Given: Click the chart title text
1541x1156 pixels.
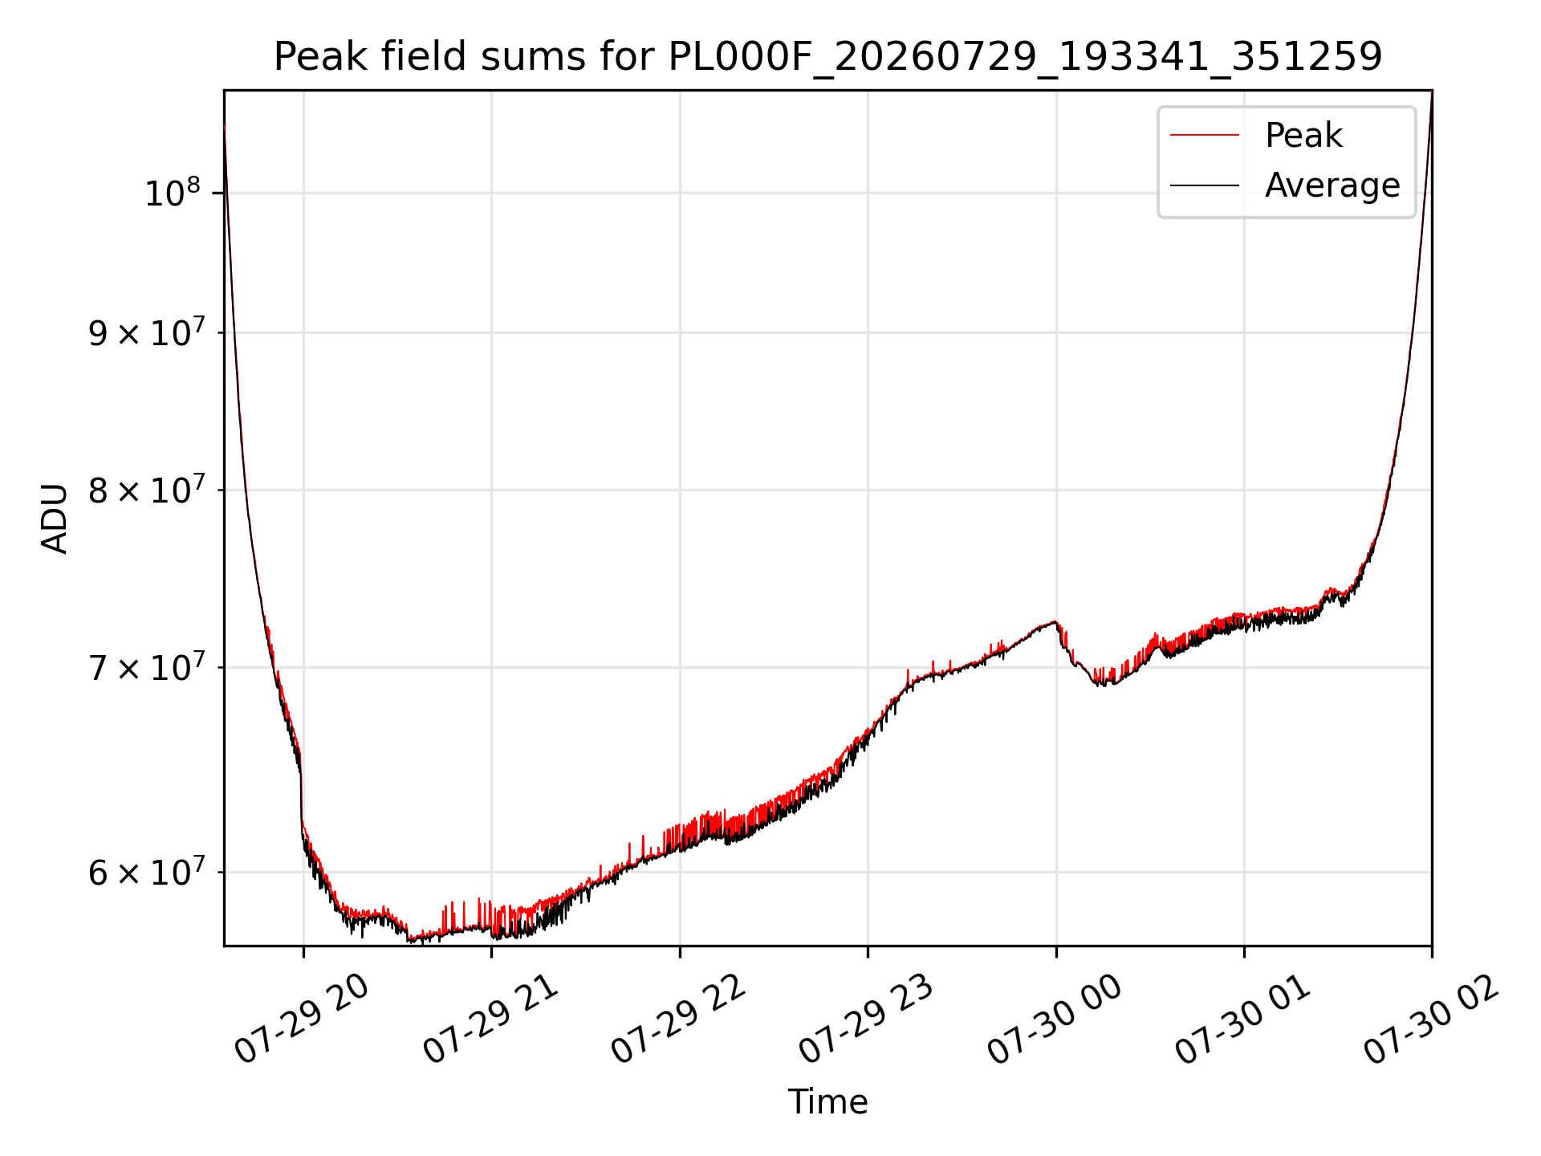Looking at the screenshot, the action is click(x=827, y=57).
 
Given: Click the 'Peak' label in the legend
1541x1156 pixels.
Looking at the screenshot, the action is click(x=1303, y=135).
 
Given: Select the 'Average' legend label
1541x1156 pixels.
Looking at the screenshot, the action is click(x=1332, y=185).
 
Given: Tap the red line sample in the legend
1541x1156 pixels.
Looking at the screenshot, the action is click(x=1204, y=135).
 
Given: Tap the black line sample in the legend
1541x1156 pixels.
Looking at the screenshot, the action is click(x=1204, y=185).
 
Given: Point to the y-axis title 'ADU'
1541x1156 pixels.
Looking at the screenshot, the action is click(x=55, y=518).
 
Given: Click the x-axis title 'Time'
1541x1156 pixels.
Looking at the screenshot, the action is click(x=827, y=1101).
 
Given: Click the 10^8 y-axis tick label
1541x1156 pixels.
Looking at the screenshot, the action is click(x=172, y=193).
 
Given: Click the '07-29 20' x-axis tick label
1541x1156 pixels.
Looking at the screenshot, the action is click(x=302, y=1019).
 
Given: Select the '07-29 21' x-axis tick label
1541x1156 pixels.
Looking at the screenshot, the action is click(x=490, y=1019).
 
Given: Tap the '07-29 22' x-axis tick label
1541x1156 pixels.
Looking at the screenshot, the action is click(x=679, y=1019).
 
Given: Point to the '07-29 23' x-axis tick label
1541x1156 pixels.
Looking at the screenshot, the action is click(x=867, y=1019).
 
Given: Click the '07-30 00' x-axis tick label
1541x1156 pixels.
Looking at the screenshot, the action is click(x=1055, y=1019).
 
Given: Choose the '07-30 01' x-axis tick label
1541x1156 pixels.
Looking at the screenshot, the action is click(x=1243, y=1019).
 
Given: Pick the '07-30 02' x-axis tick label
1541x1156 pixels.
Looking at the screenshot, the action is click(x=1432, y=1019).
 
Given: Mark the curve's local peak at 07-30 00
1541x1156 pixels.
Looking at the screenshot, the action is click(x=1054, y=621).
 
